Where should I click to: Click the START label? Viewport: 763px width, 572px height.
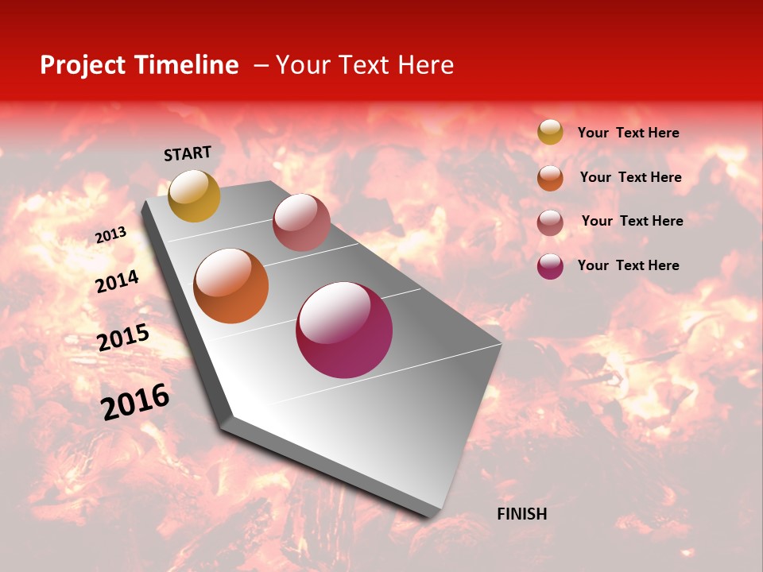[188, 153]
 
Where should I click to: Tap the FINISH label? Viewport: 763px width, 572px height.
[521, 514]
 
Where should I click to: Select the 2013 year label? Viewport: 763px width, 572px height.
[111, 234]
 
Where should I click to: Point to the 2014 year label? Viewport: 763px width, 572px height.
[118, 281]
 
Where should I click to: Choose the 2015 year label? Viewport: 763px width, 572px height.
[123, 337]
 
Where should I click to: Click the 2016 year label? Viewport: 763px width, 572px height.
[135, 401]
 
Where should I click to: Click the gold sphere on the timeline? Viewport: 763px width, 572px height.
[194, 195]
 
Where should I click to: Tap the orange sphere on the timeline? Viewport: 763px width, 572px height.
[230, 286]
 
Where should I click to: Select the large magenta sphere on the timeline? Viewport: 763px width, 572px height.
[344, 330]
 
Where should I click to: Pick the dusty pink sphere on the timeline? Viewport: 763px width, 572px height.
[301, 222]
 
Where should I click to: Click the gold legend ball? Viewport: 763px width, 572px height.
[550, 132]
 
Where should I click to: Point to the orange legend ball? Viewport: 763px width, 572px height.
[550, 177]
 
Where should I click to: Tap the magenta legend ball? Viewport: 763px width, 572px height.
[550, 266]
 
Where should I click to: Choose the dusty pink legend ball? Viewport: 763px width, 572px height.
[550, 222]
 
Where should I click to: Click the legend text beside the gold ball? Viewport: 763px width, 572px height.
[628, 133]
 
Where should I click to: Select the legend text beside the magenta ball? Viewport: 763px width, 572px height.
[628, 265]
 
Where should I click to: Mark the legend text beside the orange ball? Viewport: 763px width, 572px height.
[630, 177]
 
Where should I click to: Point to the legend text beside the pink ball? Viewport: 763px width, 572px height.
[632, 221]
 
